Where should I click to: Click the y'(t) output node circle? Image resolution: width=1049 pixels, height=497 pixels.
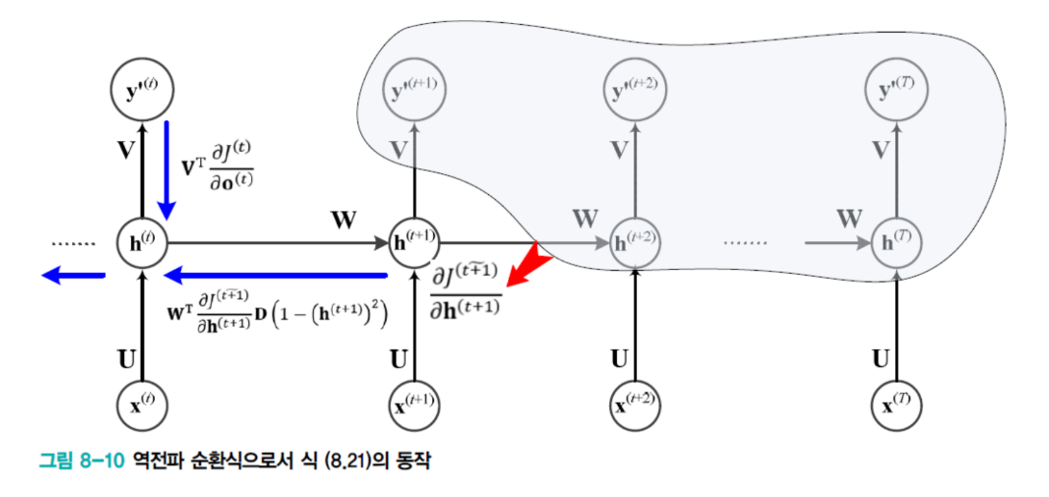(142, 92)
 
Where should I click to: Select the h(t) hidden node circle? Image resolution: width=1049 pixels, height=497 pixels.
(142, 242)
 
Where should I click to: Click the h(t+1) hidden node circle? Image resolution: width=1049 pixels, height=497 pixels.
(414, 242)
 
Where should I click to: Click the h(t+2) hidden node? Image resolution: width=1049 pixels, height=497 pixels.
(635, 242)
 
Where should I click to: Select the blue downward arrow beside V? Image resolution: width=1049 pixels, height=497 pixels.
(167, 167)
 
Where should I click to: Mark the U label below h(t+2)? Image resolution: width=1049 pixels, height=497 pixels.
(620, 360)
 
